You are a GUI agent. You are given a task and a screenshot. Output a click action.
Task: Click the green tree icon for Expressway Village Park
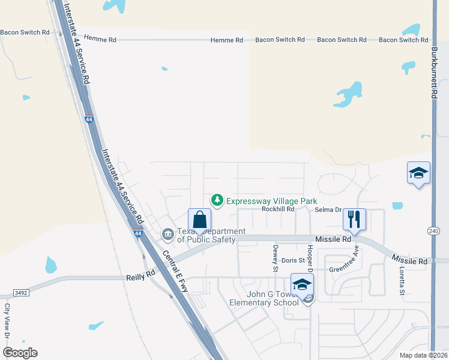pos(217,200)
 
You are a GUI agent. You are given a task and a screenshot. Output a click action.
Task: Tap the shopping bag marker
pos(199,220)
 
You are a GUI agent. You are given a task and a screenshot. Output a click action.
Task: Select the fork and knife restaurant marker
pos(354,220)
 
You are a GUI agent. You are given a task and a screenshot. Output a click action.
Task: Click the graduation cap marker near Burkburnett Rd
pos(418,174)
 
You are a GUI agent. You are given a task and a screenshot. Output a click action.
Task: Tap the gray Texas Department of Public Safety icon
pos(169,233)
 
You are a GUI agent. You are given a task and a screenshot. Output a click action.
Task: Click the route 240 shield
pos(433,230)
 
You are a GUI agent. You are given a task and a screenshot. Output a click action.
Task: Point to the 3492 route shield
pos(21,293)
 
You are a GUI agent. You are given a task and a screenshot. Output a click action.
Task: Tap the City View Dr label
pos(7,318)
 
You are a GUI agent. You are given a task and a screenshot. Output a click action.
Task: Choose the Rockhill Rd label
pos(278,209)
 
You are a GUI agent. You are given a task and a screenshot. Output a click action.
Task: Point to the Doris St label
pos(294,261)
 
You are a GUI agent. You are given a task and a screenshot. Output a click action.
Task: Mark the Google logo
pos(20,353)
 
